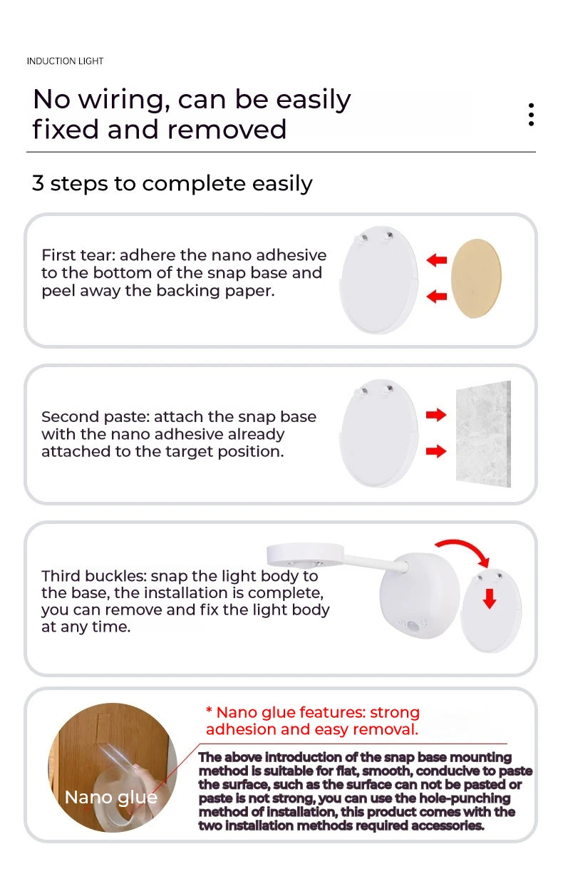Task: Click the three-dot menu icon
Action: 531,115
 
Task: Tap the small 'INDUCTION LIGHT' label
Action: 65,61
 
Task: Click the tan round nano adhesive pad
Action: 477,279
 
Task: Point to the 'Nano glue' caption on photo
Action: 110,797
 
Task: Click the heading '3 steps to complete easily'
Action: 172,183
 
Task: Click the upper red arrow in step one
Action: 436,260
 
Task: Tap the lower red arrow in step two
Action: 435,451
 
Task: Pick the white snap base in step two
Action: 378,433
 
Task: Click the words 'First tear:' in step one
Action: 82,255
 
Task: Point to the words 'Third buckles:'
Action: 93,576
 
